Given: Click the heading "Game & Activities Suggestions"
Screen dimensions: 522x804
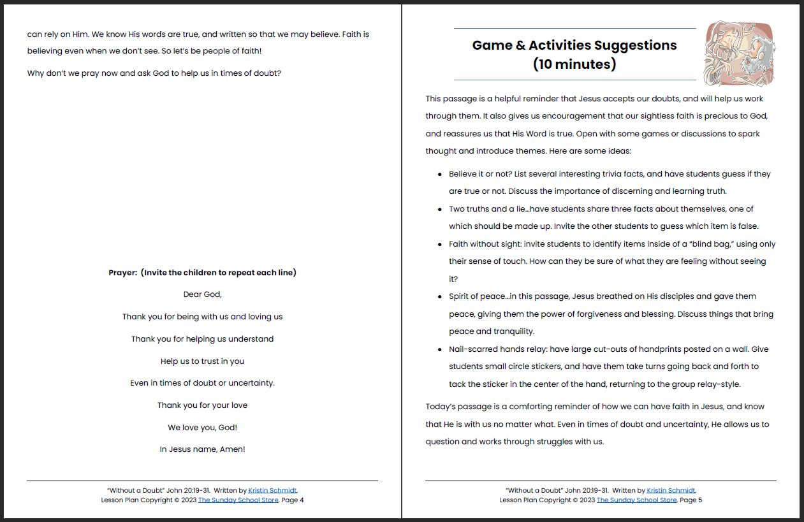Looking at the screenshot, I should pyautogui.click(x=574, y=45).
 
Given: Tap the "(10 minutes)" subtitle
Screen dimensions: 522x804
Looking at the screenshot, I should pyautogui.click(x=574, y=64).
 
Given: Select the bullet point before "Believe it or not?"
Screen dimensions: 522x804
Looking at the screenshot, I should pyautogui.click(x=440, y=174).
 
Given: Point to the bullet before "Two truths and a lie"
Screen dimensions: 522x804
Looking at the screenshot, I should pyautogui.click(x=440, y=209).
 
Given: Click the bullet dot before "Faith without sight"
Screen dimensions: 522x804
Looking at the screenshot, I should pyautogui.click(x=440, y=244).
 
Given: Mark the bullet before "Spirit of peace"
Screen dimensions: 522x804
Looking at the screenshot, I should pyautogui.click(x=440, y=296).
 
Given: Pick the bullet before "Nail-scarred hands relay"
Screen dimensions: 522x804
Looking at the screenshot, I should pyautogui.click(x=440, y=349).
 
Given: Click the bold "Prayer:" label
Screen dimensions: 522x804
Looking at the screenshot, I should pyautogui.click(x=123, y=273).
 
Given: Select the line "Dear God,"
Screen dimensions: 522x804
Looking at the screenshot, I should pyautogui.click(x=202, y=294).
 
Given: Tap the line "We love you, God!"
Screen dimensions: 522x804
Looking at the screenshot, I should pyautogui.click(x=202, y=428).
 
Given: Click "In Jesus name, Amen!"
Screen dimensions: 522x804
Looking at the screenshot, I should pyautogui.click(x=202, y=449).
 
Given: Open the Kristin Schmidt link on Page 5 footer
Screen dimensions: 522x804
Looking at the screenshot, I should pyautogui.click(x=671, y=491).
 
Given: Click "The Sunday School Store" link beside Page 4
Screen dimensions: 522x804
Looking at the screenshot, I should pyautogui.click(x=238, y=500).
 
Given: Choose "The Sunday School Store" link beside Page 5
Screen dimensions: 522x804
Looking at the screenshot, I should pyautogui.click(x=636, y=500).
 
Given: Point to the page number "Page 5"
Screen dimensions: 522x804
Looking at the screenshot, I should pyautogui.click(x=691, y=500).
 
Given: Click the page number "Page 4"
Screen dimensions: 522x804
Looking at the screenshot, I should pyautogui.click(x=293, y=500).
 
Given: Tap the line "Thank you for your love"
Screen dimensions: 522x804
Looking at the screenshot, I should pyautogui.click(x=202, y=405).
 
